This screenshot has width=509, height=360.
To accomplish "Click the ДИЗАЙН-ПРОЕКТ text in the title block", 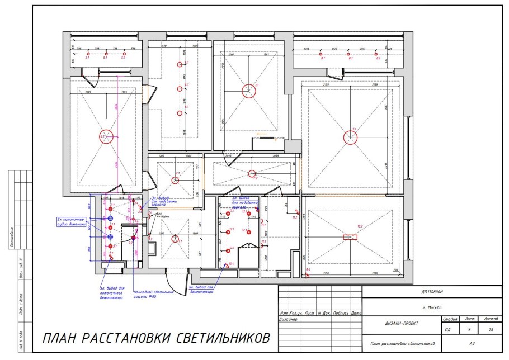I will pyautogui.click(x=401, y=323).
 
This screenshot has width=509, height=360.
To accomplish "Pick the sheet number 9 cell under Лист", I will pyautogui.click(x=469, y=330).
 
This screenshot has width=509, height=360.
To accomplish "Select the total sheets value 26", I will pyautogui.click(x=491, y=330).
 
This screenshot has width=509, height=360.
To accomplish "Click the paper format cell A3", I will pyautogui.click(x=472, y=343).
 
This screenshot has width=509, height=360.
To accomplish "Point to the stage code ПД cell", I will pyautogui.click(x=447, y=330).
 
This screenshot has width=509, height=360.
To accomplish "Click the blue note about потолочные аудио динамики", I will pyautogui.click(x=71, y=222).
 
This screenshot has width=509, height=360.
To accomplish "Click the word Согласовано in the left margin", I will pyautogui.click(x=13, y=238).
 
